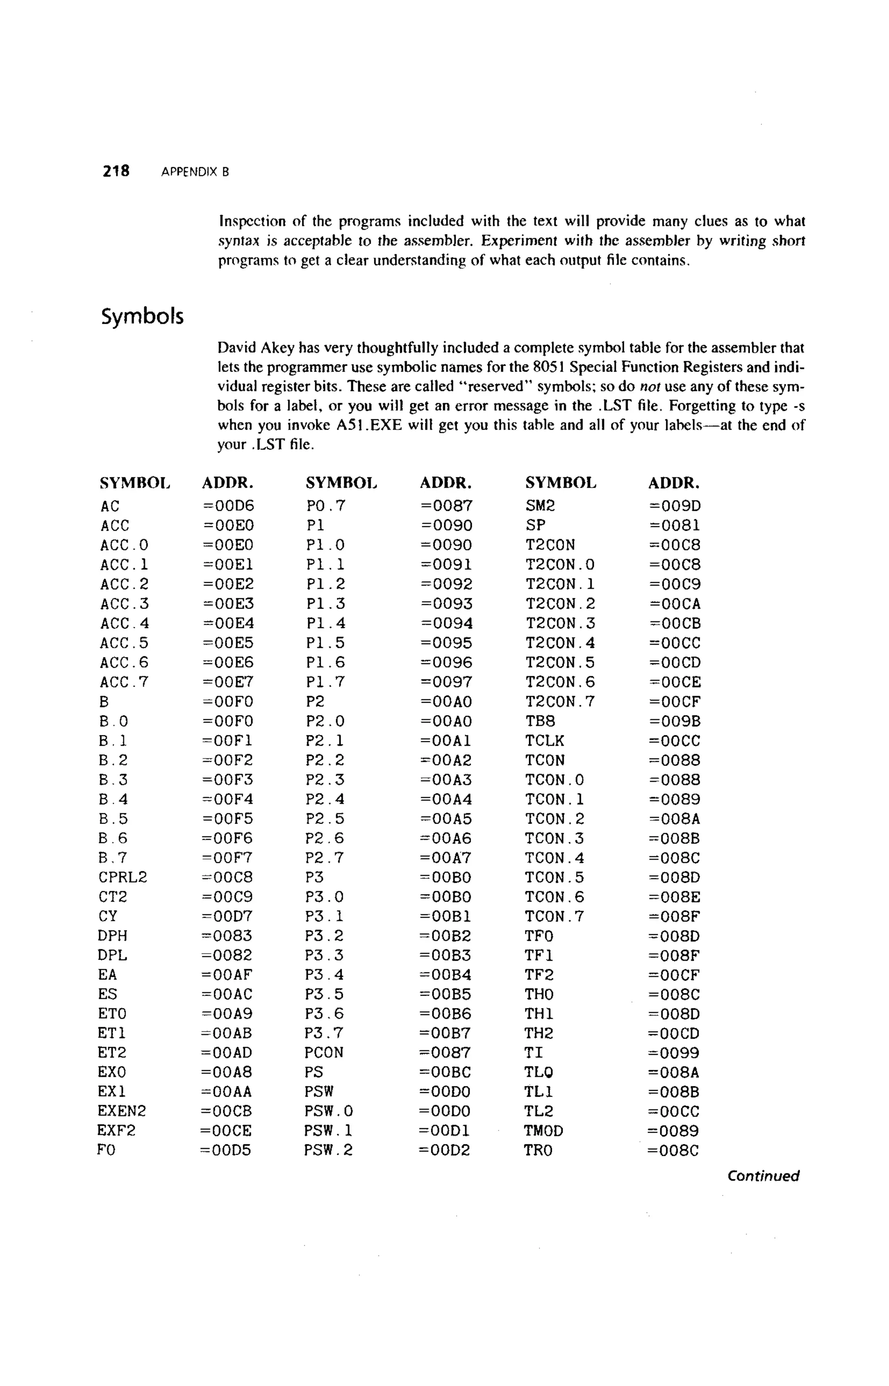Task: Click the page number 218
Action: (116, 171)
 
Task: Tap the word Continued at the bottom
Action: (763, 1176)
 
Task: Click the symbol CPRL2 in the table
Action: (122, 877)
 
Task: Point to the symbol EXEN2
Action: (121, 1111)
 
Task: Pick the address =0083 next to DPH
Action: (227, 936)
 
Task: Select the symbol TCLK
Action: (544, 741)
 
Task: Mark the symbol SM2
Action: (540, 506)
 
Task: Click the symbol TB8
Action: (540, 721)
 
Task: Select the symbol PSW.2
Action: (328, 1150)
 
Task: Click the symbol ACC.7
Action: (124, 682)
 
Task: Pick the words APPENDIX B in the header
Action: (195, 172)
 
